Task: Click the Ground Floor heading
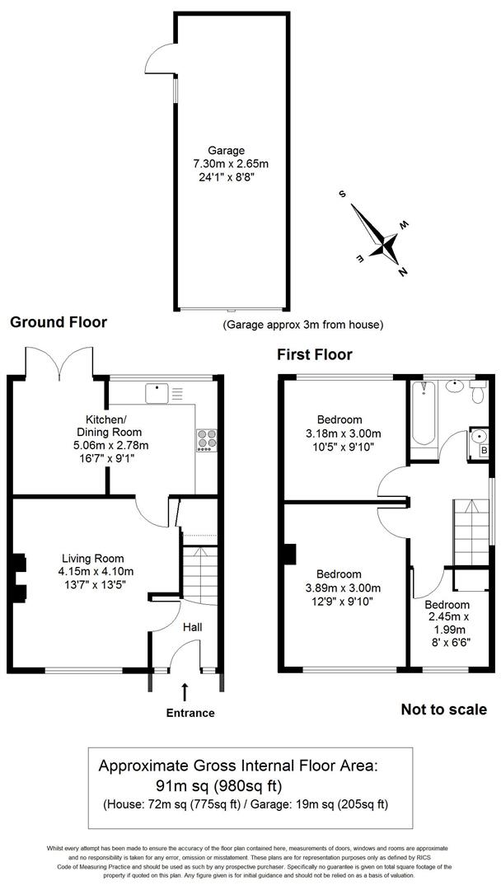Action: click(x=58, y=322)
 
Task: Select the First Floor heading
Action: click(x=314, y=354)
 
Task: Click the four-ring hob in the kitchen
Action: click(x=205, y=441)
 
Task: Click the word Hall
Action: click(x=191, y=627)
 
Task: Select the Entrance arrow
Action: click(x=185, y=691)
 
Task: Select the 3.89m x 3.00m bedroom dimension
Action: click(x=339, y=588)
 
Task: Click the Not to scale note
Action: click(x=443, y=710)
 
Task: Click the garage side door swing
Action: click(x=159, y=57)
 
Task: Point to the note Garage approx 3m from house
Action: click(x=302, y=325)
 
